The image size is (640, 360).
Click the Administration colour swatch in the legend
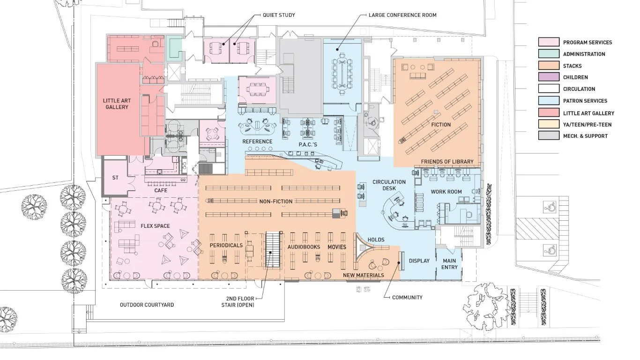pos(548,54)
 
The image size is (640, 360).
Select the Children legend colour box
pos(548,77)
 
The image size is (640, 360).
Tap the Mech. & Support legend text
pos(585,136)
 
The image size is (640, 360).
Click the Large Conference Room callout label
pos(402,15)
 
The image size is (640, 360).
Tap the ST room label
pos(115,178)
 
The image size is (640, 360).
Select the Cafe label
pos(161,191)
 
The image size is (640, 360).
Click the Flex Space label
pos(155,226)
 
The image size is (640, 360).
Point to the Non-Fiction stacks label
pos(276,202)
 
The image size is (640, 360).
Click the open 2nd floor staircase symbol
pos(273,249)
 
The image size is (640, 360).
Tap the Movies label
pos(337,247)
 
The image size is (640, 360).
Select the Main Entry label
pos(449,264)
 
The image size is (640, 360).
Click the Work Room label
pos(446,192)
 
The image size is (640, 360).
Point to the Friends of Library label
pos(447,162)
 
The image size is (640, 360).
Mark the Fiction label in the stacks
pos(440,125)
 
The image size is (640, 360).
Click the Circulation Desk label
pos(389,185)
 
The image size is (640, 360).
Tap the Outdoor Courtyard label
pos(147,305)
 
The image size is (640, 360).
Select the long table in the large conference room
pos(342,70)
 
